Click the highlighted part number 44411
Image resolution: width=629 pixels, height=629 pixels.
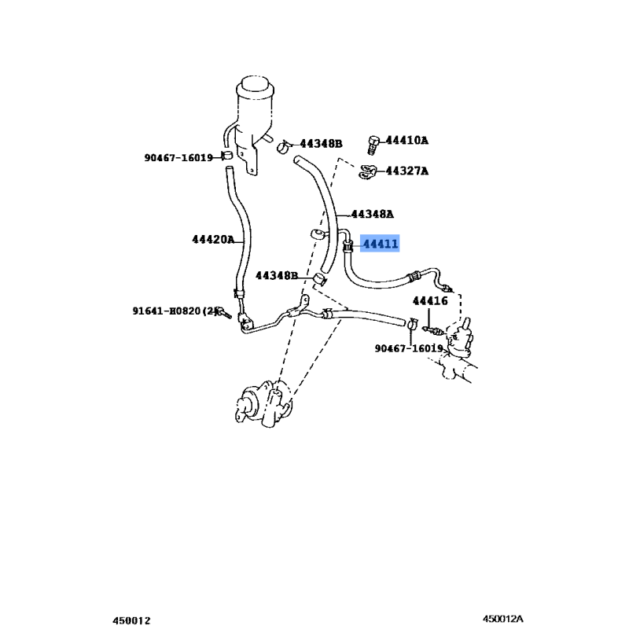[380, 245]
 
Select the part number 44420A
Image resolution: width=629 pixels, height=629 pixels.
[212, 240]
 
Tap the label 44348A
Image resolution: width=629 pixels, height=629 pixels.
[372, 214]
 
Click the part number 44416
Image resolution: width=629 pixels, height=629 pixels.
[430, 301]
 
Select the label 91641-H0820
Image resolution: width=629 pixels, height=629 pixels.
[174, 311]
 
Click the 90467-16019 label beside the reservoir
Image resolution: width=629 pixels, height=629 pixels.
[178, 157]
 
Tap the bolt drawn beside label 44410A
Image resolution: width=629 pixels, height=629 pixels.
[373, 144]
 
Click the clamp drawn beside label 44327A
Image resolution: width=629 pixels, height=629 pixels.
[367, 171]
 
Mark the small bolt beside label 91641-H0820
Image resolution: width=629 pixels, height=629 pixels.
[223, 313]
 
